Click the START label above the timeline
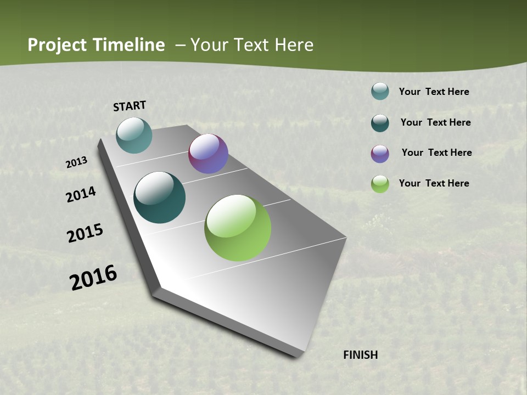tap(130, 106)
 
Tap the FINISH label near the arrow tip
tap(360, 355)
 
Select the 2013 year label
tap(76, 162)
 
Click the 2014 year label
tap(81, 195)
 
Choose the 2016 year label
tap(93, 278)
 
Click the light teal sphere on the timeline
tap(134, 135)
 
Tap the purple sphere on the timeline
tap(208, 154)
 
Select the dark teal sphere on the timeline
tap(160, 198)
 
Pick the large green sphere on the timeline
tap(238, 228)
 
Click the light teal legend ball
tap(380, 91)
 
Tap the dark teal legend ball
tap(380, 123)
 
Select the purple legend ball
tap(380, 154)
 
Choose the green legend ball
tap(380, 184)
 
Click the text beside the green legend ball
tap(434, 183)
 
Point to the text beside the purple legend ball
tap(436, 153)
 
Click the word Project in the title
tap(58, 45)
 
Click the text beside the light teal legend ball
tap(434, 92)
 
